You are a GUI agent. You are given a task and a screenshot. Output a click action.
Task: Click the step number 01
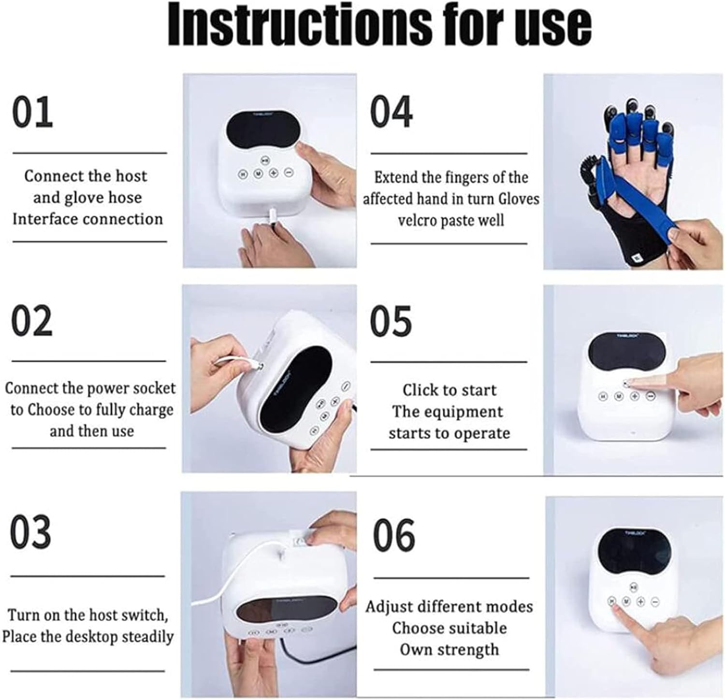click(x=32, y=112)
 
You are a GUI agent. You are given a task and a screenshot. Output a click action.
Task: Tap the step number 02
click(x=32, y=321)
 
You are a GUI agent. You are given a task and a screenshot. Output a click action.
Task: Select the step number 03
click(x=30, y=532)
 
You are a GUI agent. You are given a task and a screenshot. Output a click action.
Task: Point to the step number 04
click(x=391, y=112)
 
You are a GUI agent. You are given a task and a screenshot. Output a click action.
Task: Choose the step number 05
click(x=391, y=321)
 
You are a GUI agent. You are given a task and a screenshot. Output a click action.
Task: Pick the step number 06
click(x=394, y=535)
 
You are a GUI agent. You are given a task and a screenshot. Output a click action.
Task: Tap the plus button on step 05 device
click(x=635, y=396)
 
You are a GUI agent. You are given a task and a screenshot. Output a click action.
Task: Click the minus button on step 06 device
click(x=655, y=601)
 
